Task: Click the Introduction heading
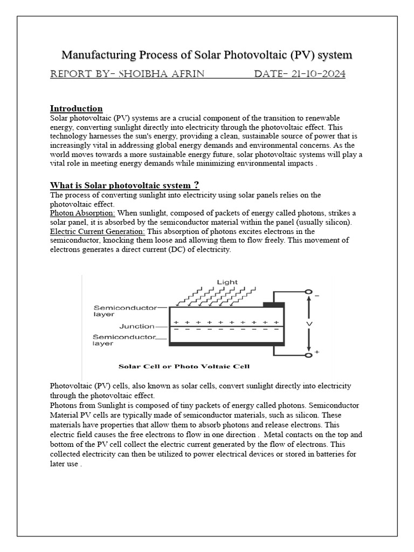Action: [76, 108]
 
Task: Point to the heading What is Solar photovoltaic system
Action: [125, 185]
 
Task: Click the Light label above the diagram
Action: [227, 281]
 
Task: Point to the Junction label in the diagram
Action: [137, 326]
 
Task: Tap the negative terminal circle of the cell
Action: [308, 292]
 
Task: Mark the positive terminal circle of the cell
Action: [308, 355]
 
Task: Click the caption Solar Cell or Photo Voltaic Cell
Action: [184, 367]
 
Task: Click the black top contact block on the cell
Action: [273, 305]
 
